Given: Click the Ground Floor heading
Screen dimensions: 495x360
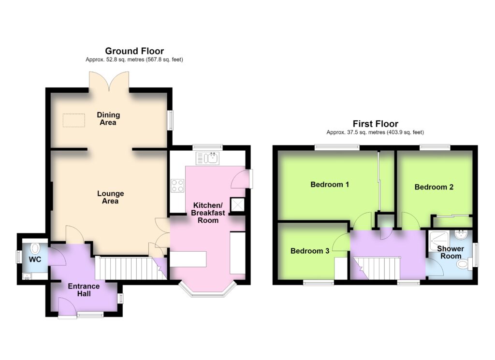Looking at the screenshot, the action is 134,51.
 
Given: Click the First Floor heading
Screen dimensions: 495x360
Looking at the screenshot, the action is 375,124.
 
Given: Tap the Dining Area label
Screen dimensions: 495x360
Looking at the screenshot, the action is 108,119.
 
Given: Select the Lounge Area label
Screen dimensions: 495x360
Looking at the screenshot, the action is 110,197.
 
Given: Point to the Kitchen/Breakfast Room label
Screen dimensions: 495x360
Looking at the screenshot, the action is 208,213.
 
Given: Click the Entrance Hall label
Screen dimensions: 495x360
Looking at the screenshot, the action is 84,290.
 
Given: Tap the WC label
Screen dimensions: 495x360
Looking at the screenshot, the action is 35,259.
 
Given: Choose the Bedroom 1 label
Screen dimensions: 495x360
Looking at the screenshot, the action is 330,184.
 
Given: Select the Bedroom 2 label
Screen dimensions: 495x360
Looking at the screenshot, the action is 434,187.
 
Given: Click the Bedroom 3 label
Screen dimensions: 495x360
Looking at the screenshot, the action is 310,251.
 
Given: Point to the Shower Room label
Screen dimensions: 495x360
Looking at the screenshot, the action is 451,252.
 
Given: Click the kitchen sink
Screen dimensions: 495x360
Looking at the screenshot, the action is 207,158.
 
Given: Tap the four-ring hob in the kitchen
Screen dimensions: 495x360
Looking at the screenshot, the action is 177,186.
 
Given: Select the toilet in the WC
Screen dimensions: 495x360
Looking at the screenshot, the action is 35,248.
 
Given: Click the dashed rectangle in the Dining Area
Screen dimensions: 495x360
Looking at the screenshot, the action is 74,120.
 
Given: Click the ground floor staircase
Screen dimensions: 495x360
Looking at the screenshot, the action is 131,268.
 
